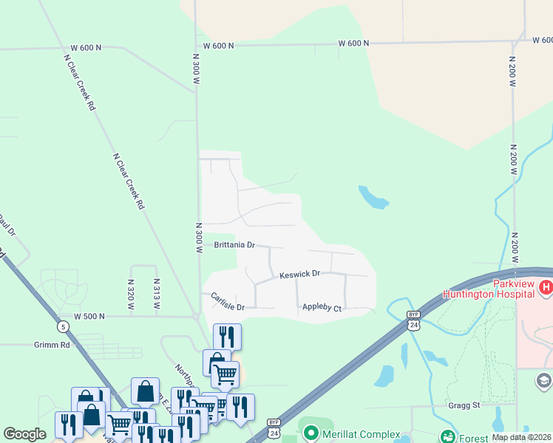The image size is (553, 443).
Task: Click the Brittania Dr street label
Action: point(234,244)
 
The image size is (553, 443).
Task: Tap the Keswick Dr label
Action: point(299,274)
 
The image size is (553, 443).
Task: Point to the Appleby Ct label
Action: point(322,308)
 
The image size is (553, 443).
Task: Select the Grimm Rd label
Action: point(51,344)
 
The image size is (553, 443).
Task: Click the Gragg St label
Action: point(464,405)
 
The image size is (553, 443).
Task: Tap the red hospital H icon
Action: point(546,287)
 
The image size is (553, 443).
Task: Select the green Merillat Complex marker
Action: point(311,433)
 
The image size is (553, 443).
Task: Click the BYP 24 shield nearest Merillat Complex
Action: point(274,426)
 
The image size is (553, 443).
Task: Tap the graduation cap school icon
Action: point(544,380)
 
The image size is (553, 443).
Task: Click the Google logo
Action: point(24,434)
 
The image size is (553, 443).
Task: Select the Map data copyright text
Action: point(521,437)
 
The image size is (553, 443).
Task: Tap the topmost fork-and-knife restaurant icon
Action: point(227,337)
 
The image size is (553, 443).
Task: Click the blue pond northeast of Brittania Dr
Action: point(373,197)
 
